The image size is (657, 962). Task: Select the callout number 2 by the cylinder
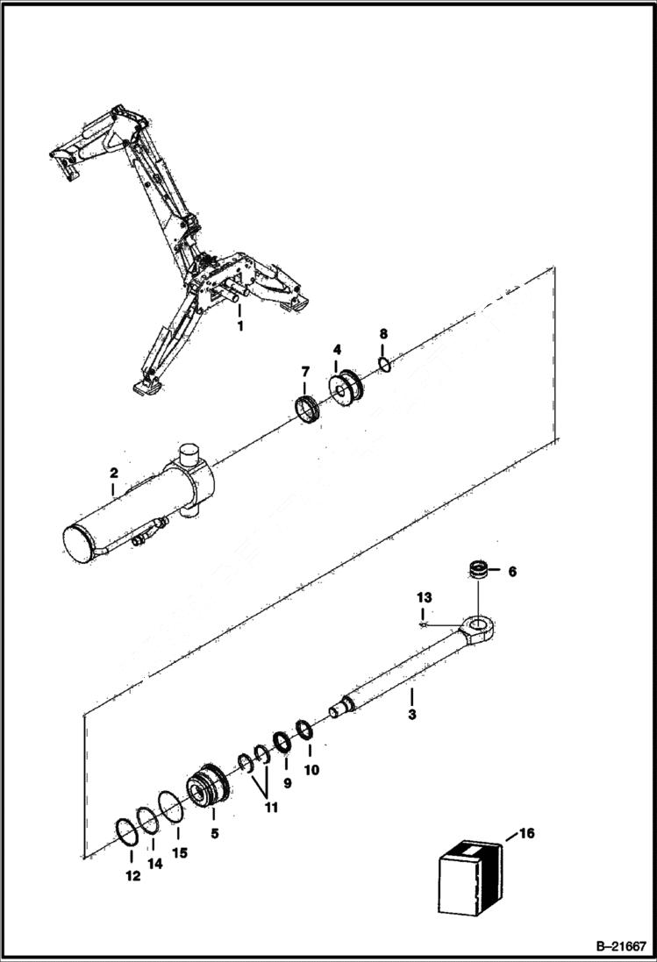[114, 474]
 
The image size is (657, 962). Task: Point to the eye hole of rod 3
[477, 627]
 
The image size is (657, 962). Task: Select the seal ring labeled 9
[282, 741]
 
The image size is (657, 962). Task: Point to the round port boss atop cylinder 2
[190, 456]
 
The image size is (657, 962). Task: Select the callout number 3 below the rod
[412, 715]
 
